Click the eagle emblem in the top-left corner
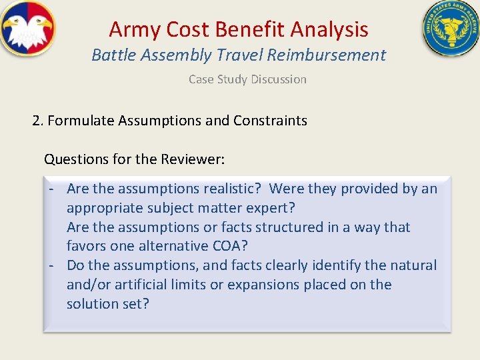click(27, 28)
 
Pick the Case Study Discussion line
click(247, 79)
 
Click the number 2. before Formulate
click(38, 121)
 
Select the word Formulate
click(81, 121)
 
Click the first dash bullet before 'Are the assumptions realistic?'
click(51, 189)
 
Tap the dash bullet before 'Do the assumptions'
click(51, 265)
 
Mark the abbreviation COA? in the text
click(231, 246)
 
